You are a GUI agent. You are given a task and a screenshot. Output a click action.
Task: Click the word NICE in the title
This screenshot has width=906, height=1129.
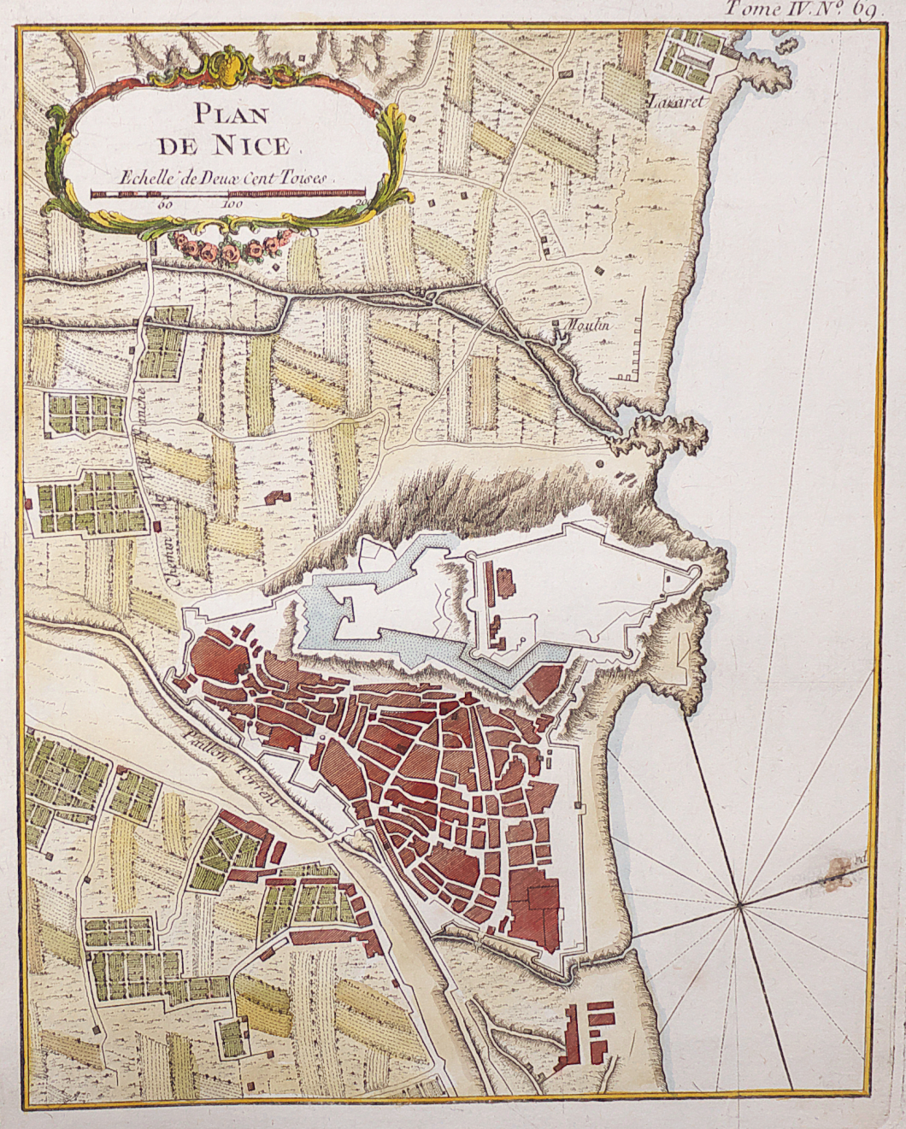(253, 145)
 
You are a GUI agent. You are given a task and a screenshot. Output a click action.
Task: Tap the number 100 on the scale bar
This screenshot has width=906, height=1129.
(235, 205)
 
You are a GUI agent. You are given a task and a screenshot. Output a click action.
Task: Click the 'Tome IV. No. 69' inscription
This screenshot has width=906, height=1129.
(799, 10)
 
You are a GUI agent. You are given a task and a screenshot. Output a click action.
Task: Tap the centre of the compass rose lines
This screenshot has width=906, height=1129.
(738, 901)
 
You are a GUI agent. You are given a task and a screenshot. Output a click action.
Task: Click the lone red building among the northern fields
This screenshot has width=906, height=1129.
(276, 497)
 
